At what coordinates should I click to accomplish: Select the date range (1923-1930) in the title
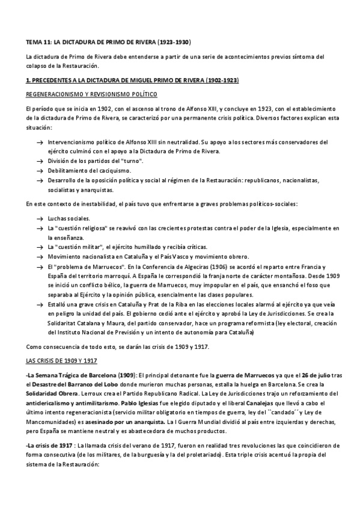pyautogui.click(x=174, y=42)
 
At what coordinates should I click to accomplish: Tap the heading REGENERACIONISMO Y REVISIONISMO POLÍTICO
pyautogui.click(x=91, y=95)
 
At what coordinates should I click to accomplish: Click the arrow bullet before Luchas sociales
pyautogui.click(x=39, y=218)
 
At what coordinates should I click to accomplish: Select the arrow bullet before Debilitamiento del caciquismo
pyautogui.click(x=39, y=171)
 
